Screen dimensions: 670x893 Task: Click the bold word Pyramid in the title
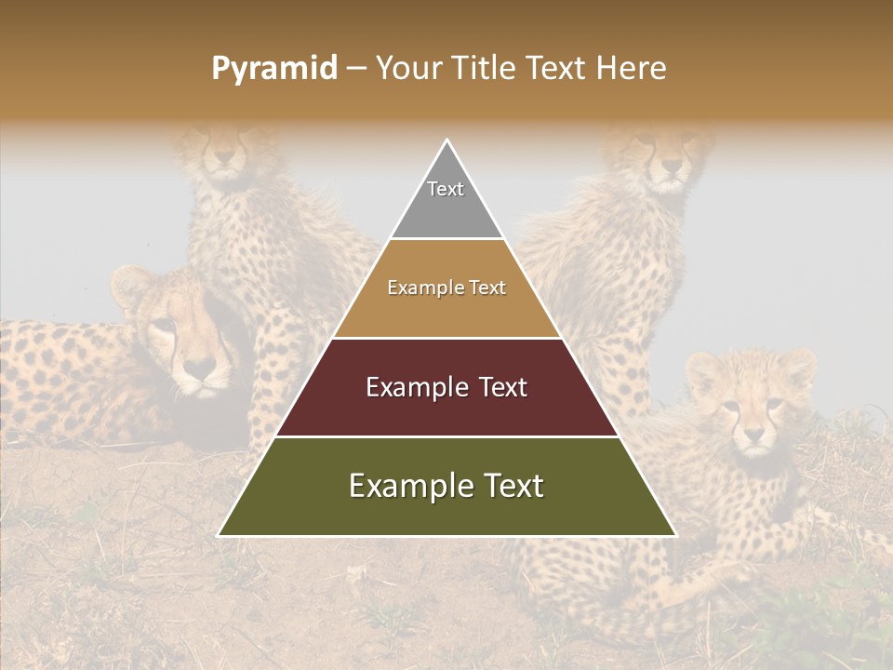pos(273,69)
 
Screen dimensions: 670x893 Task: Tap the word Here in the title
pos(633,69)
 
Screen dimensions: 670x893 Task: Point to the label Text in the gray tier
pos(445,189)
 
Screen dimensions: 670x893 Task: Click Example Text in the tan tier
pos(446,288)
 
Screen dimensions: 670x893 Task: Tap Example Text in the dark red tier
pos(446,387)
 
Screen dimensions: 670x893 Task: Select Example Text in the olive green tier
pos(446,486)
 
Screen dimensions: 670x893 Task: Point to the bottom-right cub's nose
pos(753,435)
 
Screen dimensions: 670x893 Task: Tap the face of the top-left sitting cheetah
pos(221,154)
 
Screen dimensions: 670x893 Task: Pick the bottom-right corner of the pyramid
pos(675,535)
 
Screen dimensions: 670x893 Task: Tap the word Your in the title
pos(409,69)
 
